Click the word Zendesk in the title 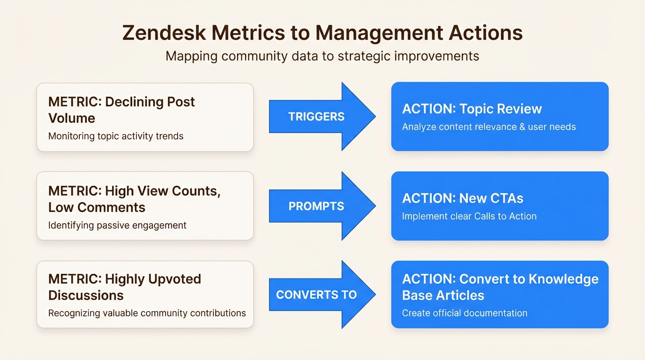164,32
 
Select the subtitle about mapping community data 322,56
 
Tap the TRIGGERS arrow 322,116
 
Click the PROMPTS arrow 322,206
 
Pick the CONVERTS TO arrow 322,295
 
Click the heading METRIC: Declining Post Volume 121,110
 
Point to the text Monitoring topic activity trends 116,136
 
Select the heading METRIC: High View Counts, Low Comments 134,199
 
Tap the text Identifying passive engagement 117,225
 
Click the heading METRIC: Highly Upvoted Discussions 125,287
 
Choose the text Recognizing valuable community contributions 147,313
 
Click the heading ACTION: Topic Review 472,109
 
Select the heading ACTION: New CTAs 463,198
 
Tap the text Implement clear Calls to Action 469,216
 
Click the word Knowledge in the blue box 563,279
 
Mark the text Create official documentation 465,313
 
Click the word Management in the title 379,33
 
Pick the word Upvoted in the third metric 175,279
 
